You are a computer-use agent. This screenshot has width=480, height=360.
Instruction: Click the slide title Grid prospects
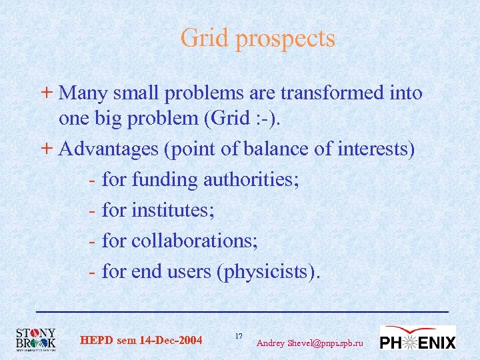pos(257,38)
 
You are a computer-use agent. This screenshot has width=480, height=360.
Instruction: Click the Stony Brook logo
pos(36,339)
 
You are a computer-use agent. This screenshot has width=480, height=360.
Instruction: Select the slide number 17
pos(239,335)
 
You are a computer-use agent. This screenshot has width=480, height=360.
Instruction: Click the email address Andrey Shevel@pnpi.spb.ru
pos(310,343)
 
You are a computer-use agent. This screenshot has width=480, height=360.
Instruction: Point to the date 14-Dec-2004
pos(171,341)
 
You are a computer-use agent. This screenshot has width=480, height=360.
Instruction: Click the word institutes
pos(173,210)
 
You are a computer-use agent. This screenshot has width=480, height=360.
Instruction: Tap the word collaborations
pos(194,241)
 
